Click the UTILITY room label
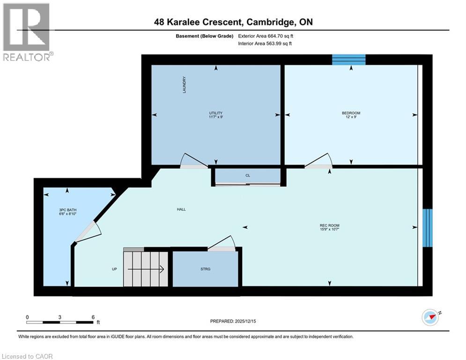coord(216,113)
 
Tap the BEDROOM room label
coord(351,113)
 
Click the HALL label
coord(181,209)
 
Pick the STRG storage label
coord(205,269)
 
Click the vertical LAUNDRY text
coord(185,85)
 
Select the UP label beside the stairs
coord(114,269)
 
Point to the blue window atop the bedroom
coord(348,60)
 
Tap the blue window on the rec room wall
coord(427,227)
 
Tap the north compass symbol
coord(430,317)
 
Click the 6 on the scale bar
coord(93,317)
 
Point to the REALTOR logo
coord(27,31)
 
